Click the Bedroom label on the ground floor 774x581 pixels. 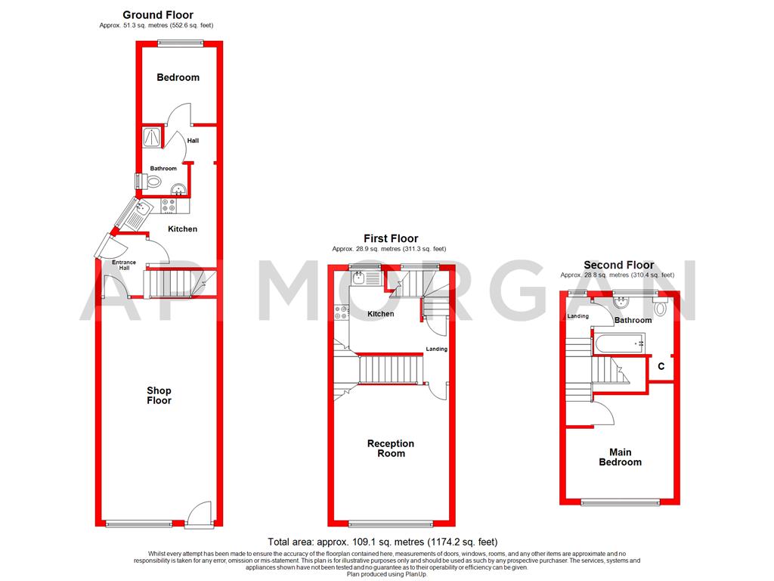[178, 77]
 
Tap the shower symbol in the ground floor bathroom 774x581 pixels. [151, 137]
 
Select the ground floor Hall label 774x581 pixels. [193, 140]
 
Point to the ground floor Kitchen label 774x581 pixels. [182, 228]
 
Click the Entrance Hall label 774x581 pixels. [124, 265]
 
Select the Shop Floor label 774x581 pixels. [159, 396]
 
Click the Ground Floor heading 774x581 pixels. [157, 15]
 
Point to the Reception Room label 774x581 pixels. [391, 449]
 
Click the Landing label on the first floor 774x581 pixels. [436, 349]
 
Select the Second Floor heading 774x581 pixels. [618, 265]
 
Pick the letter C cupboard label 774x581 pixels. [661, 366]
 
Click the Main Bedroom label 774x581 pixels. [620, 457]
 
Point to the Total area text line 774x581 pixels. [382, 542]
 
